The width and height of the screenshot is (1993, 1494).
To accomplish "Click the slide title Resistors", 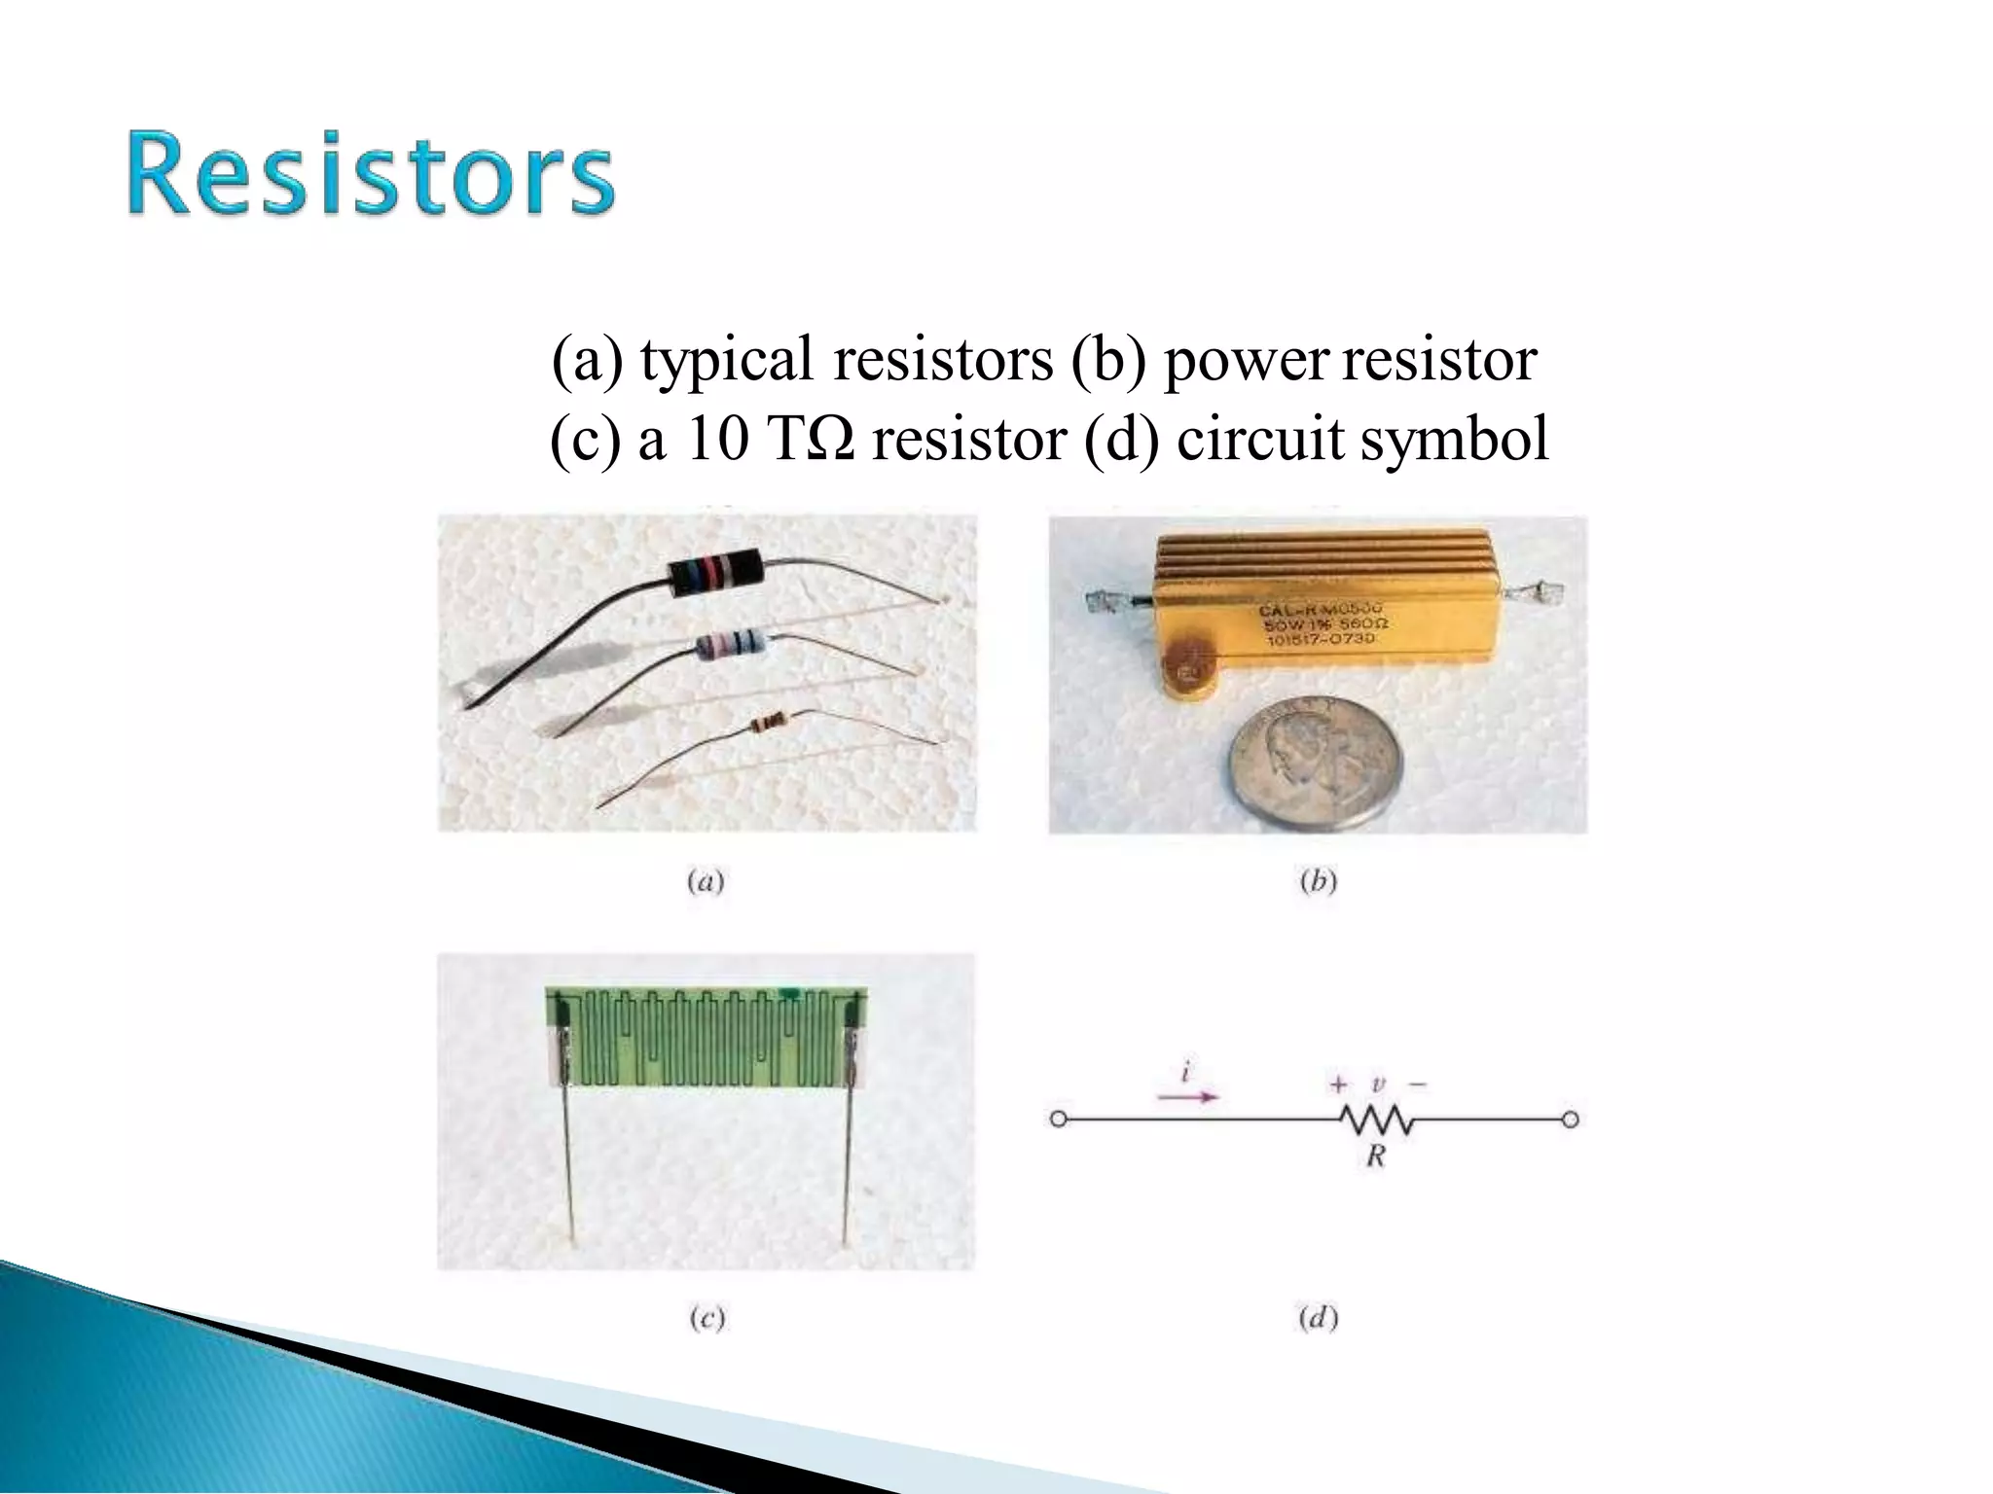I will (370, 175).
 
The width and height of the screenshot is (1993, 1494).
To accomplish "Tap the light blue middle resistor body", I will (732, 643).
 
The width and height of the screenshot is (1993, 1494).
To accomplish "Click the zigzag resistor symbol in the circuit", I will (1376, 1120).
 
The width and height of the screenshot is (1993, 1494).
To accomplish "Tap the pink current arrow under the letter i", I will (1187, 1096).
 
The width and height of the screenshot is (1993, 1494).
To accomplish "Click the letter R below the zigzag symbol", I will (1375, 1156).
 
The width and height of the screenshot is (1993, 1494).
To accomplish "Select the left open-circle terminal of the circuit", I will (1059, 1120).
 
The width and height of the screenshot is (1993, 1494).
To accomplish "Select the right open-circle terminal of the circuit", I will (1570, 1120).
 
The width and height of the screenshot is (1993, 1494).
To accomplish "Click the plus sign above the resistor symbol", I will (1339, 1084).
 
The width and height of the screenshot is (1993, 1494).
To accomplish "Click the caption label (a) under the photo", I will (706, 881).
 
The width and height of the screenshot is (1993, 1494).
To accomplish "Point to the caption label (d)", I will (1319, 1319).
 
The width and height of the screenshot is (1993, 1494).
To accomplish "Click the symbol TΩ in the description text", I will (812, 440).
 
